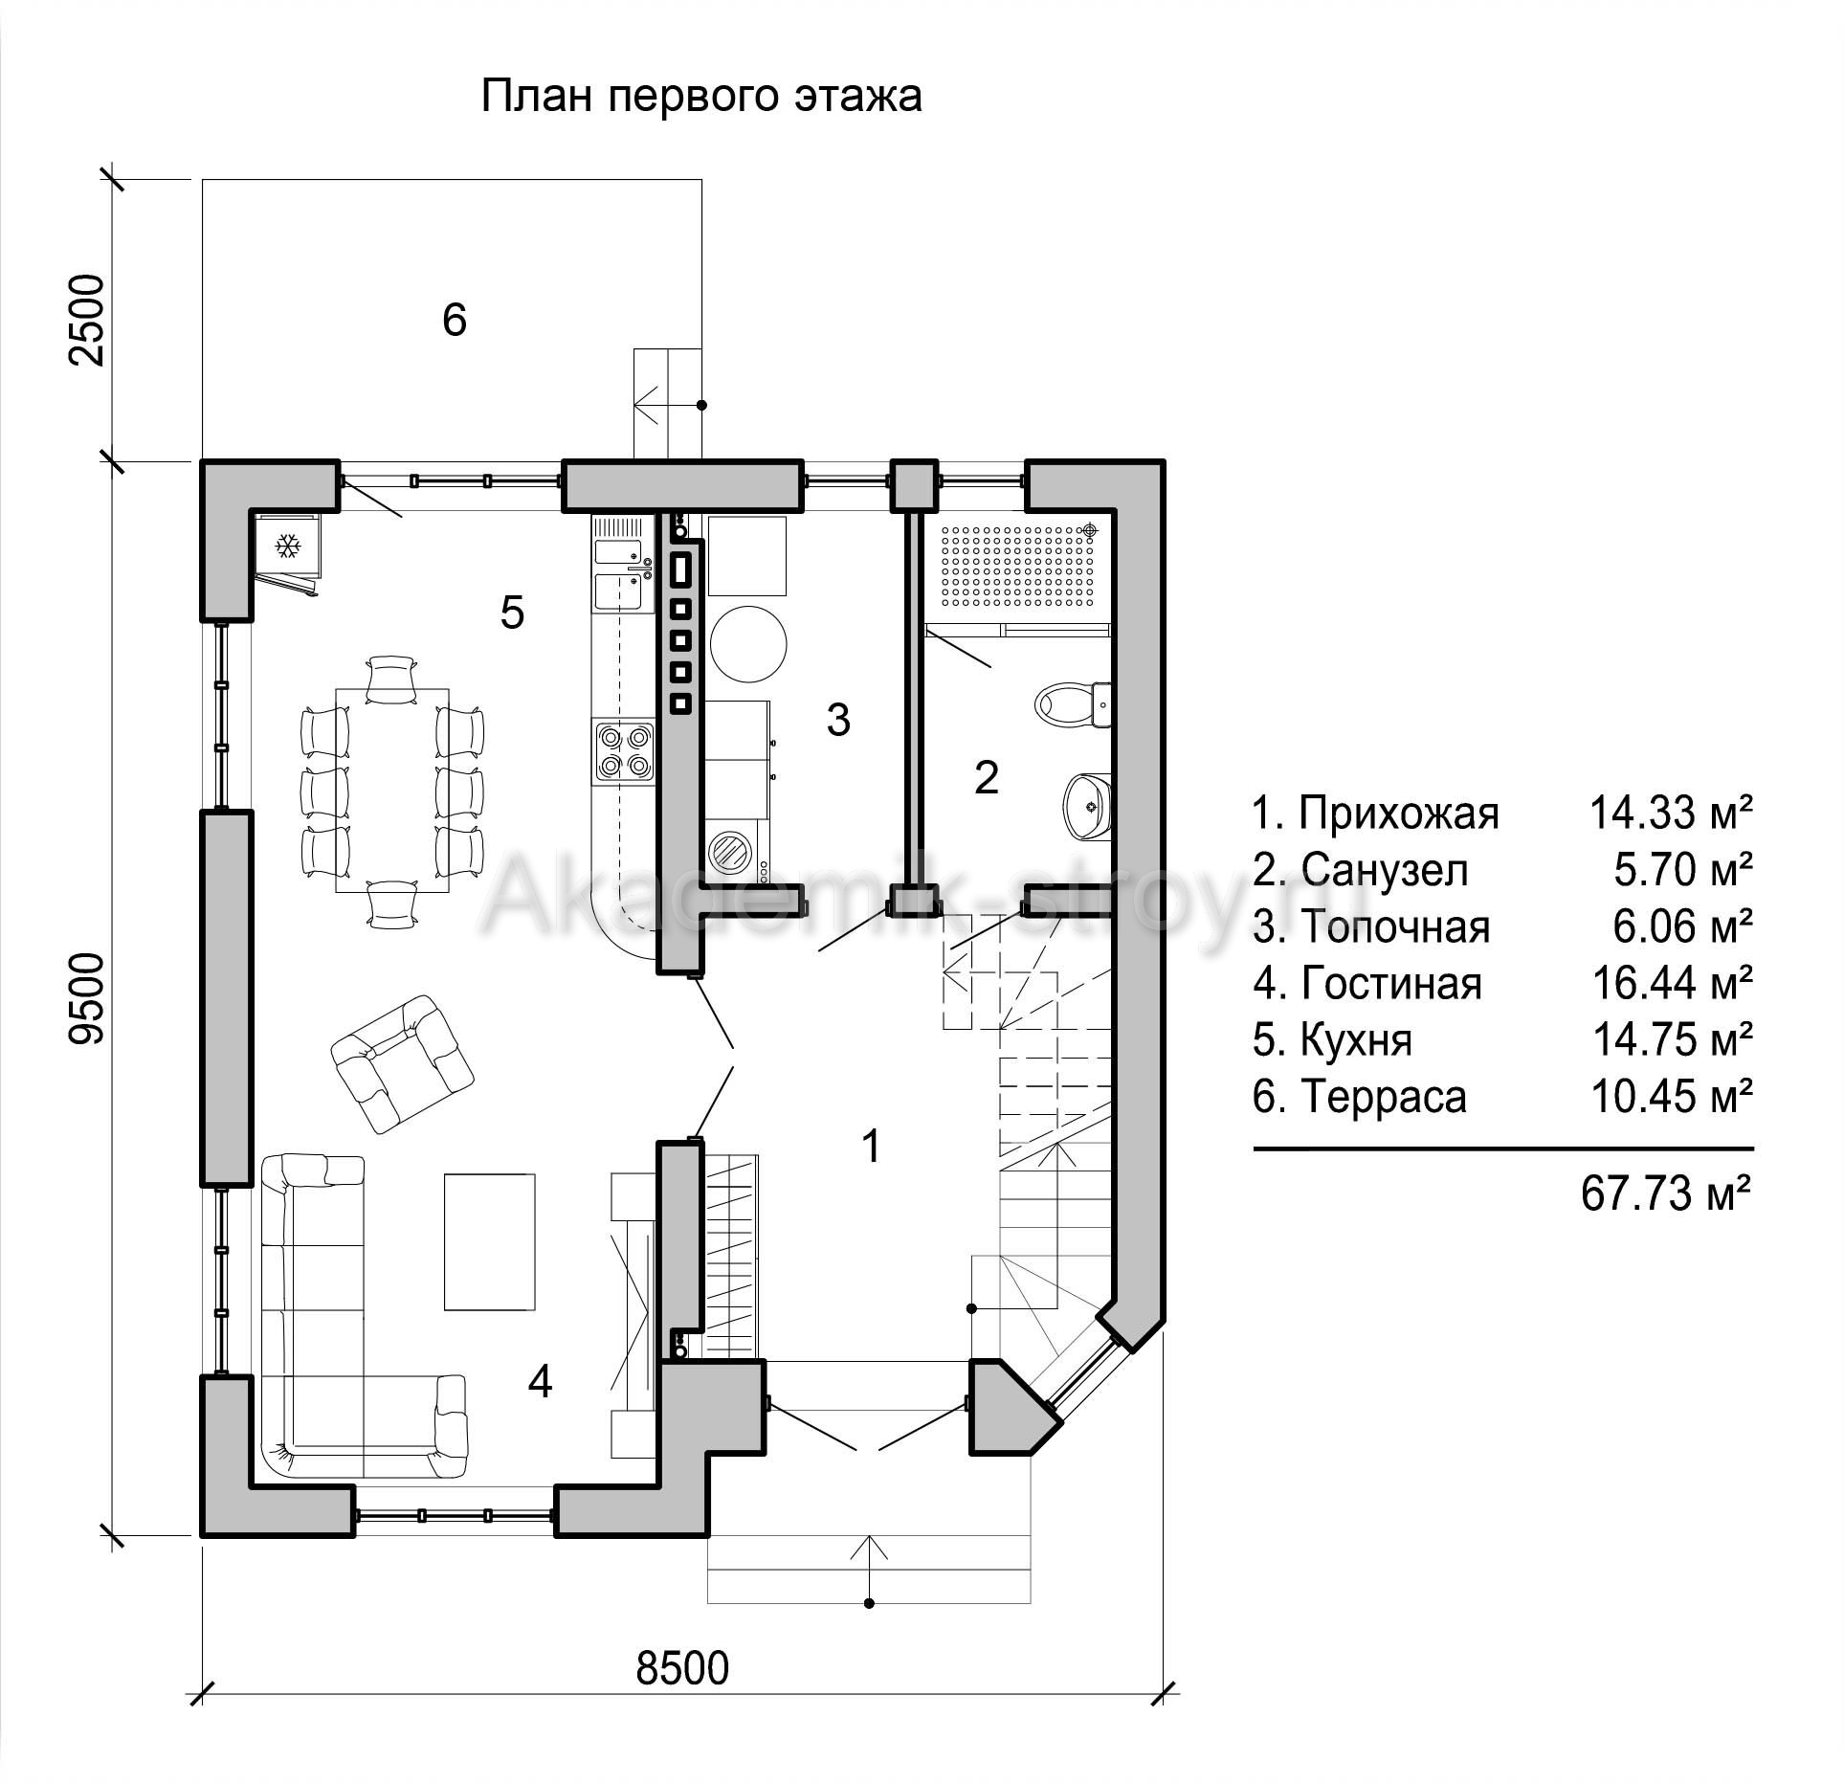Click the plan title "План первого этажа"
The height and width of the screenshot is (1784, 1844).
(700, 98)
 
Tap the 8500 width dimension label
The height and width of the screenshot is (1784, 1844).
(682, 1668)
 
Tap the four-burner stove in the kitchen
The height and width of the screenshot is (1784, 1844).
(624, 750)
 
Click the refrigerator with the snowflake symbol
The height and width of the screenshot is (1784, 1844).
(287, 547)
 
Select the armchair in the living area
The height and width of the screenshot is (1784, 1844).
(401, 1063)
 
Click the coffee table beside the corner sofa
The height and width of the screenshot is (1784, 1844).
(489, 1241)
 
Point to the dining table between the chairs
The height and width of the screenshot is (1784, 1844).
(392, 790)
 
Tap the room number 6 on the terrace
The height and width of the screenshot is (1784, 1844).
(455, 319)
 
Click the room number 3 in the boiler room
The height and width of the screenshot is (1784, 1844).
(838, 720)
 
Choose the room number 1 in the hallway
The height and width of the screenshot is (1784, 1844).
(871, 1146)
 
